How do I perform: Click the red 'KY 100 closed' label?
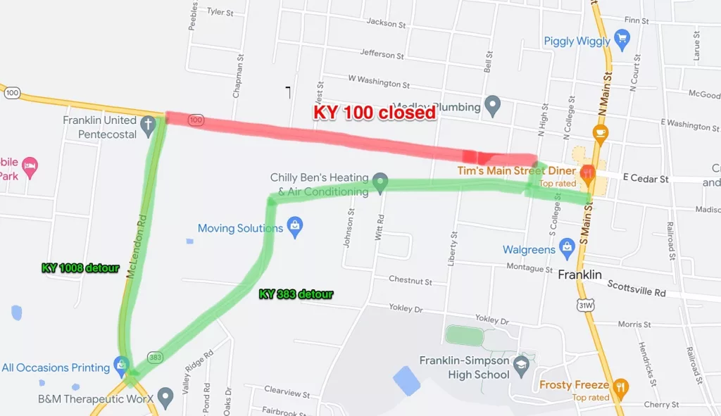[375, 112]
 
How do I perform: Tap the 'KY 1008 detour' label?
[80, 268]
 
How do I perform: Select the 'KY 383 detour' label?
[296, 294]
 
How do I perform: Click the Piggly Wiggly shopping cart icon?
[622, 39]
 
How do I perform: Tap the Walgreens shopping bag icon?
[567, 247]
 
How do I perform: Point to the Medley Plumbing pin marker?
[493, 106]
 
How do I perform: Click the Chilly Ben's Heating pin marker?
[380, 182]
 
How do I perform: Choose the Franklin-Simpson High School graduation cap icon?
[521, 364]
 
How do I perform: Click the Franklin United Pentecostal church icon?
[148, 126]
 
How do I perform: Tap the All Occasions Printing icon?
[121, 366]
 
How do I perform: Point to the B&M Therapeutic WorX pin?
[165, 397]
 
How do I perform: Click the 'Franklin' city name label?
[579, 275]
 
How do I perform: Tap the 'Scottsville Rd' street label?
[637, 289]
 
